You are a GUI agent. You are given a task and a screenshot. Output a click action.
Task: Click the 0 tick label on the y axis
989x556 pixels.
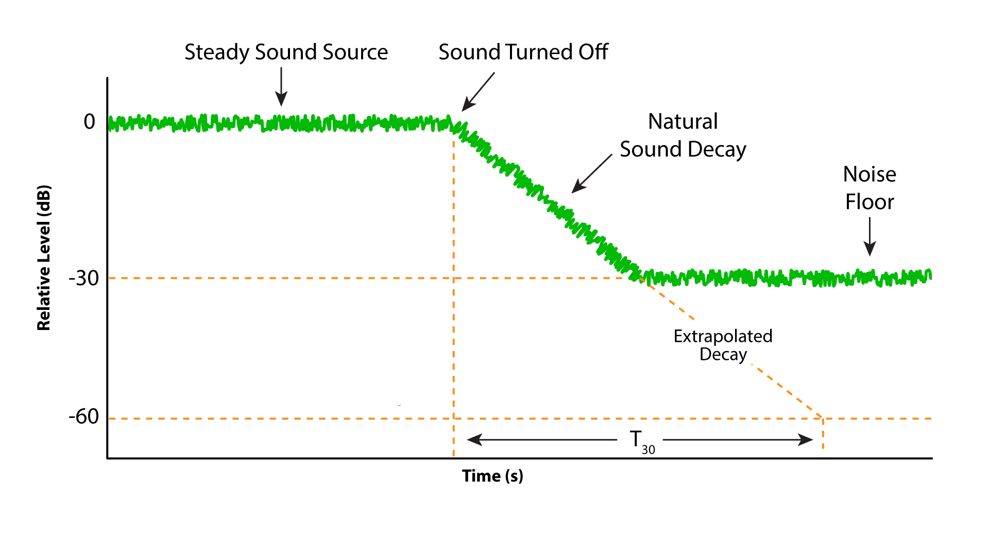point(90,122)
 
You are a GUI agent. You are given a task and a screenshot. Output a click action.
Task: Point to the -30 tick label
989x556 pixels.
point(84,279)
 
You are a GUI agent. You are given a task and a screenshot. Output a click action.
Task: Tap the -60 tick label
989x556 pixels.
point(84,416)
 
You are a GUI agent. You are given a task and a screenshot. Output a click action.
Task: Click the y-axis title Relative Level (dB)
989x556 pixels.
point(44,257)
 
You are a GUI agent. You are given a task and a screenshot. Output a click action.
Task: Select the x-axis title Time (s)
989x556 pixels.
point(492,476)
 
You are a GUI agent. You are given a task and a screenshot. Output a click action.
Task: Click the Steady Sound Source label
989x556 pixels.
point(286,53)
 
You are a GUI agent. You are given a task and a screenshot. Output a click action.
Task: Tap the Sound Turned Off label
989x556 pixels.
point(523,53)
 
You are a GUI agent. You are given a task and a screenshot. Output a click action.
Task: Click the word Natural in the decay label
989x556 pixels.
point(683,122)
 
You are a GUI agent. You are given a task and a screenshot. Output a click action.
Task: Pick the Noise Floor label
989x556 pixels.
point(869,188)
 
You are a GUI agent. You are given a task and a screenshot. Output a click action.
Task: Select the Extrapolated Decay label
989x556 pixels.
point(723,345)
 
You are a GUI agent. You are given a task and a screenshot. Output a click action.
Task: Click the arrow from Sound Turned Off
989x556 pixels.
point(478,92)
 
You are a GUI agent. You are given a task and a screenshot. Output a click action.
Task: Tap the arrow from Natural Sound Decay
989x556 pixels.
point(592,174)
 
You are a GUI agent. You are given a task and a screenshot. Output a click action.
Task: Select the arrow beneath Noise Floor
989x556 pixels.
point(869,236)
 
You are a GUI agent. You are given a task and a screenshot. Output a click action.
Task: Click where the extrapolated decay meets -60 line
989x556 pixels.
point(823,419)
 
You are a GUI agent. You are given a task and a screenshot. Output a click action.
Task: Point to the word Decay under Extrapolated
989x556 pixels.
point(723,355)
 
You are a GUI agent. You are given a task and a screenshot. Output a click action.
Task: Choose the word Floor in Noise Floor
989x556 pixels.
point(869,202)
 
